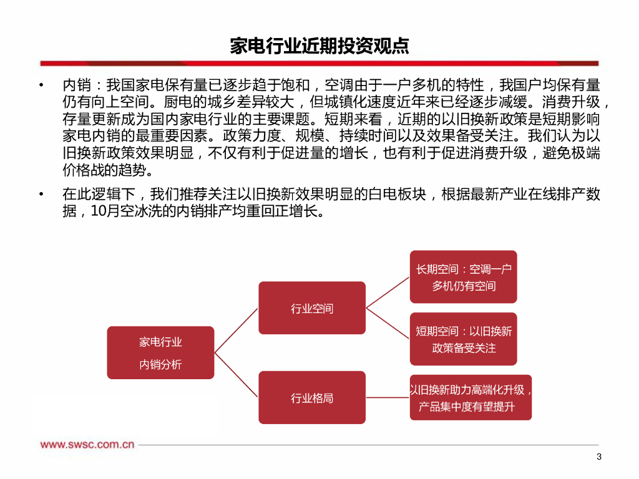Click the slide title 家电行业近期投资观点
click(x=319, y=46)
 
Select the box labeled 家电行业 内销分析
click(x=160, y=352)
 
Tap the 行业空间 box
click(x=312, y=307)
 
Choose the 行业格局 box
click(x=312, y=397)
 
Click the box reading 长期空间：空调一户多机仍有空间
click(x=464, y=277)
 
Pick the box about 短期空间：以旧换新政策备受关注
click(x=464, y=339)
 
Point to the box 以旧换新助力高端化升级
click(x=471, y=397)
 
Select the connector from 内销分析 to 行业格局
click(x=237, y=375)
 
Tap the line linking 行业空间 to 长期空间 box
click(x=388, y=292)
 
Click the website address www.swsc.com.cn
click(x=88, y=445)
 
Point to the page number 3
click(x=599, y=457)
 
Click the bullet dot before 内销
click(x=41, y=85)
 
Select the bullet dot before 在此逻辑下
click(x=41, y=195)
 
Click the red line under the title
click(x=319, y=63)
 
